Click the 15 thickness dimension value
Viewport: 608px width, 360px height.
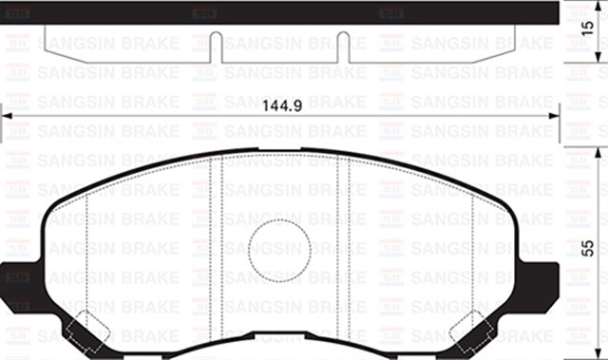coord(590,42)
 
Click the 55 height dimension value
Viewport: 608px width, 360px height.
coord(590,249)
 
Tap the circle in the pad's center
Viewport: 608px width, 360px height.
coord(279,249)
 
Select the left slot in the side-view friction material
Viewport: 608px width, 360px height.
coord(216,47)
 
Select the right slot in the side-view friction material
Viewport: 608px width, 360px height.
coord(343,47)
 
